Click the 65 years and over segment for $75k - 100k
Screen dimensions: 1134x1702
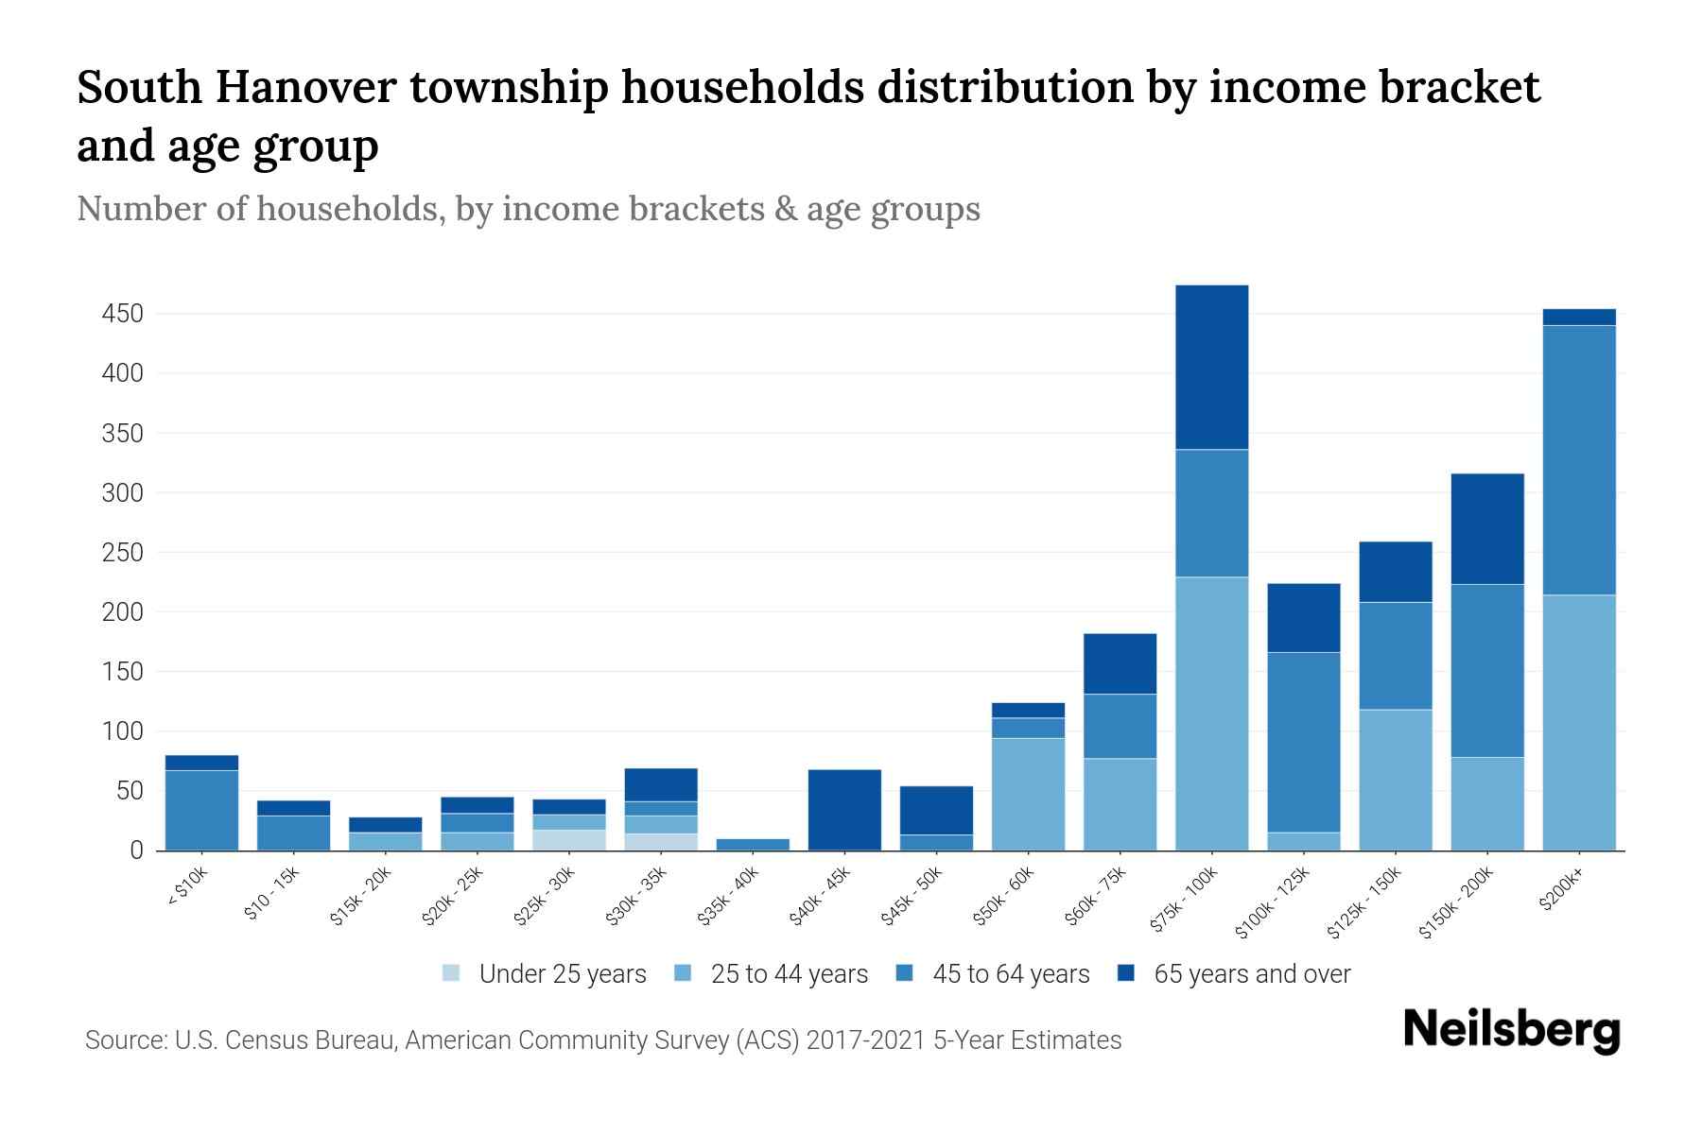[x=1211, y=367]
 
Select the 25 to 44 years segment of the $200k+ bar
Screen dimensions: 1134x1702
[x=1578, y=722]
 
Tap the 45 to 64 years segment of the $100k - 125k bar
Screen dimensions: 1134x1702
[x=1303, y=742]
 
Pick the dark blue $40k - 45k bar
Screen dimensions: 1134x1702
[x=844, y=810]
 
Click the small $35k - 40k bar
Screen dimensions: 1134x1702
[x=753, y=844]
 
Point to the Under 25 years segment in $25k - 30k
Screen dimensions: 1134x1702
[x=568, y=839]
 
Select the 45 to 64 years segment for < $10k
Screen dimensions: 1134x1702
[x=201, y=810]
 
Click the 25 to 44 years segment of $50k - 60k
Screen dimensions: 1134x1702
[x=1028, y=794]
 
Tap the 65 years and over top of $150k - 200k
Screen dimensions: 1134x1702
[x=1486, y=528]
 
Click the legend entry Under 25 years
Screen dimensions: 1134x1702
[x=562, y=974]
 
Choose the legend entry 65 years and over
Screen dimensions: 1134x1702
[x=1251, y=974]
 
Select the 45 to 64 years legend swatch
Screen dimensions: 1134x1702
[x=905, y=973]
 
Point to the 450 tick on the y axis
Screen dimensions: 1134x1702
[x=122, y=314]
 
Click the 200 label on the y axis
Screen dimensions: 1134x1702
[x=122, y=612]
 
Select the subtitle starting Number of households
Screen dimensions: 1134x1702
[x=528, y=209]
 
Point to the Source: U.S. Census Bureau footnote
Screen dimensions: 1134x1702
[x=602, y=1040]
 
